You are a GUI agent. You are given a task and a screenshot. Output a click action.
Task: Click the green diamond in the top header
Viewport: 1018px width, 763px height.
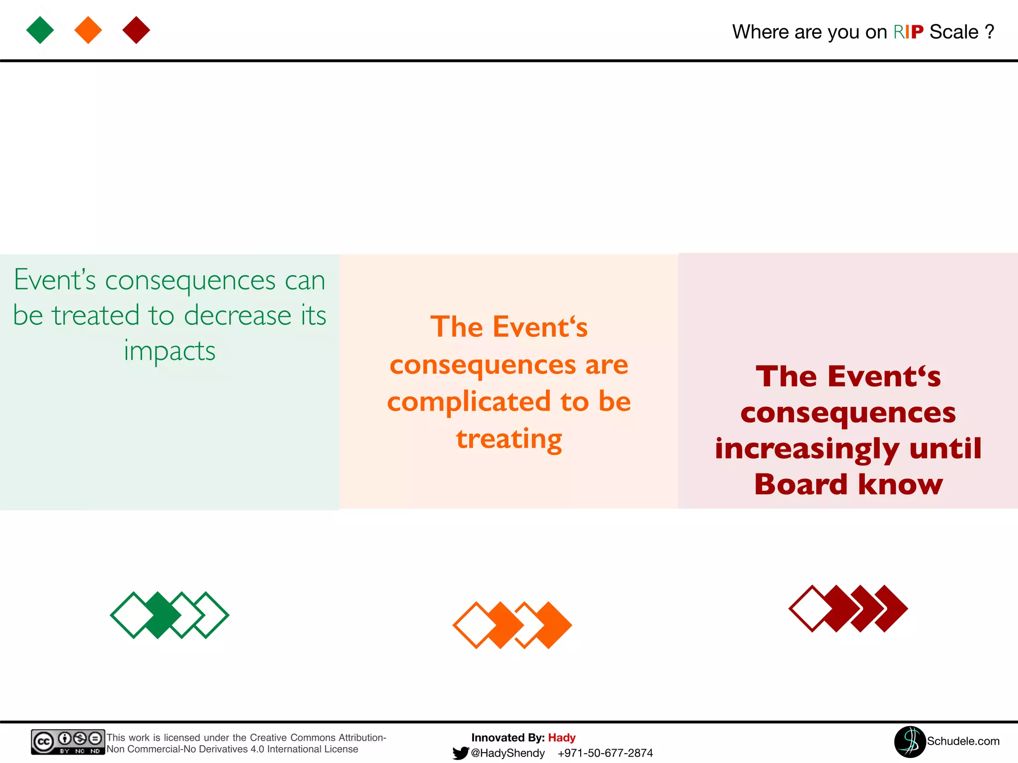(x=40, y=30)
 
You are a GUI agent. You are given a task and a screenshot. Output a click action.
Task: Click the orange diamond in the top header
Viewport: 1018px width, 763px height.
(x=88, y=30)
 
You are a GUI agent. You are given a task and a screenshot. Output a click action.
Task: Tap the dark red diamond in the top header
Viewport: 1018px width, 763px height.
(x=136, y=30)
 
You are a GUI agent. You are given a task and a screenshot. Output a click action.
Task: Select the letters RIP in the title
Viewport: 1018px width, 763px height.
(x=908, y=32)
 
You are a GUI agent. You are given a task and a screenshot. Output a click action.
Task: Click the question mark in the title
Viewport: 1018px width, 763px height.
(x=989, y=32)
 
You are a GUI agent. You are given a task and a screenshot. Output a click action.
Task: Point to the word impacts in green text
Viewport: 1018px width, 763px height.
(x=170, y=351)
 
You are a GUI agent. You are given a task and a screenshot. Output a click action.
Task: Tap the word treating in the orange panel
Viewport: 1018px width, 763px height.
(x=509, y=439)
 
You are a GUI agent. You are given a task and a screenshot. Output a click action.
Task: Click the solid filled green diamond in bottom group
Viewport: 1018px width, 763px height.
(x=158, y=615)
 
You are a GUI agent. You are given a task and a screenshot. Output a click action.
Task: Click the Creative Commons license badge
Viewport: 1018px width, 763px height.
(x=68, y=742)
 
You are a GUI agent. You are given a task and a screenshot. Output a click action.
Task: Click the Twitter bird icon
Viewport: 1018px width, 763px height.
(x=460, y=753)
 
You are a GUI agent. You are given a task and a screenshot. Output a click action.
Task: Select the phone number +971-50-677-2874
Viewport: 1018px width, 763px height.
(x=605, y=753)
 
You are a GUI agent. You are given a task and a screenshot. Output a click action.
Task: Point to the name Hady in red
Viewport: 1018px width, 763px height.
(x=562, y=738)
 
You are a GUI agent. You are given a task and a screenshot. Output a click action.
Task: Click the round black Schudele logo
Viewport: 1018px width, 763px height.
(x=910, y=742)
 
